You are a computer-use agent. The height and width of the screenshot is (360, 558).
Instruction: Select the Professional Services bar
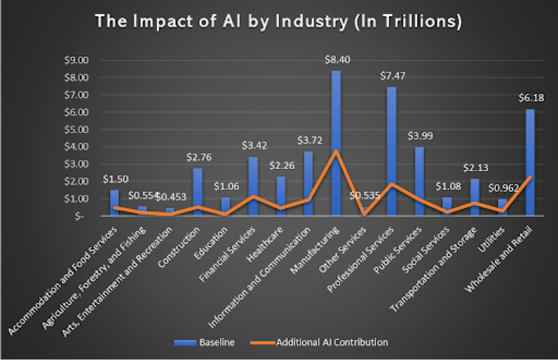tap(391, 152)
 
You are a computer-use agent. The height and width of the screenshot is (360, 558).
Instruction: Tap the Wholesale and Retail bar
tap(530, 164)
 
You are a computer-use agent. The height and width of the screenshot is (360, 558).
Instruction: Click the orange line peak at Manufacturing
tap(336, 151)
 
